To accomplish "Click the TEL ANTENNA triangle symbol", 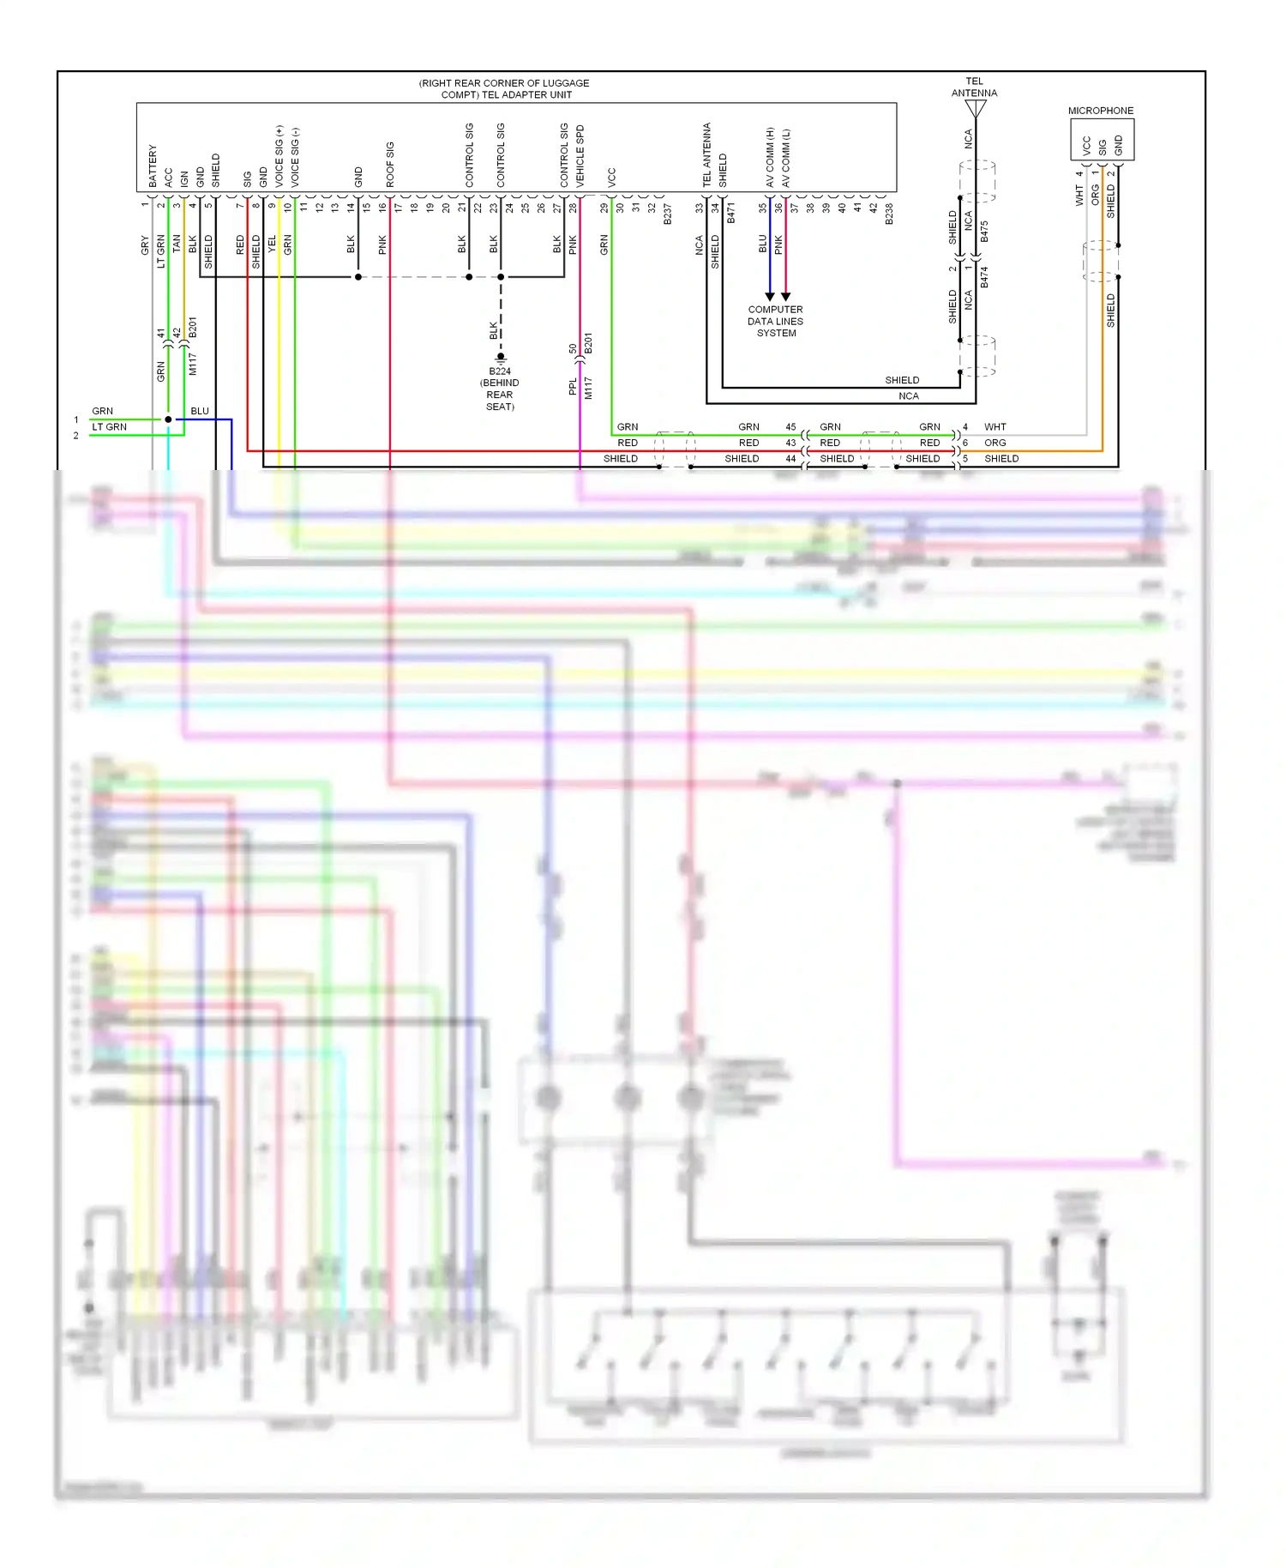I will pos(976,109).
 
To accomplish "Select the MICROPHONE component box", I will pos(1102,139).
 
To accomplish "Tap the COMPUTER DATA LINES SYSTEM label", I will pos(775,322).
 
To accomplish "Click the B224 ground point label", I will pos(500,371).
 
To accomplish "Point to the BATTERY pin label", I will pos(153,166).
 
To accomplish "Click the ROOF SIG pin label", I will pos(390,164).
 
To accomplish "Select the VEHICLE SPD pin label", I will pos(580,156).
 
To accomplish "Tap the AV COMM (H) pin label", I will pos(770,157).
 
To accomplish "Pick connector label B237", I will pos(667,214).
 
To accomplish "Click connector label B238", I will pos(889,214).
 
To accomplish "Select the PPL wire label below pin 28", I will pos(573,387).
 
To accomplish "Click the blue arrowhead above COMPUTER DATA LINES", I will pos(770,297).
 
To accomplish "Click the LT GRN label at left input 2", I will pos(109,426).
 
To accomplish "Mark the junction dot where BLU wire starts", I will pos(168,419).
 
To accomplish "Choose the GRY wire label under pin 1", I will pos(145,245).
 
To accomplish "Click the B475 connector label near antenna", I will pos(984,232).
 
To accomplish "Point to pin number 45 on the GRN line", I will pos(790,426).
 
